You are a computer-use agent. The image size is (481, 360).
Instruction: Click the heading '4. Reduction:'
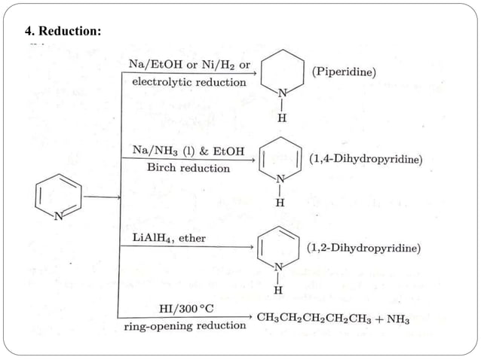[x=63, y=32]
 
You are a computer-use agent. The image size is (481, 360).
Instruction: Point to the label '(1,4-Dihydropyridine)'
[x=366, y=160]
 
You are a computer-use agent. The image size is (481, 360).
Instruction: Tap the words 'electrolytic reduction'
[x=188, y=81]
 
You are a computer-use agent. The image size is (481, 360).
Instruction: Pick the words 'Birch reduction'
[x=188, y=168]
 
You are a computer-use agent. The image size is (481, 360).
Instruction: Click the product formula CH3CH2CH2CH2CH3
[x=315, y=318]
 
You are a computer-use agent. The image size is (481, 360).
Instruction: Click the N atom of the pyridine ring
[x=59, y=216]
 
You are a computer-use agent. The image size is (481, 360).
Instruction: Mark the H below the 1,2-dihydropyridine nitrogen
[x=278, y=290]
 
